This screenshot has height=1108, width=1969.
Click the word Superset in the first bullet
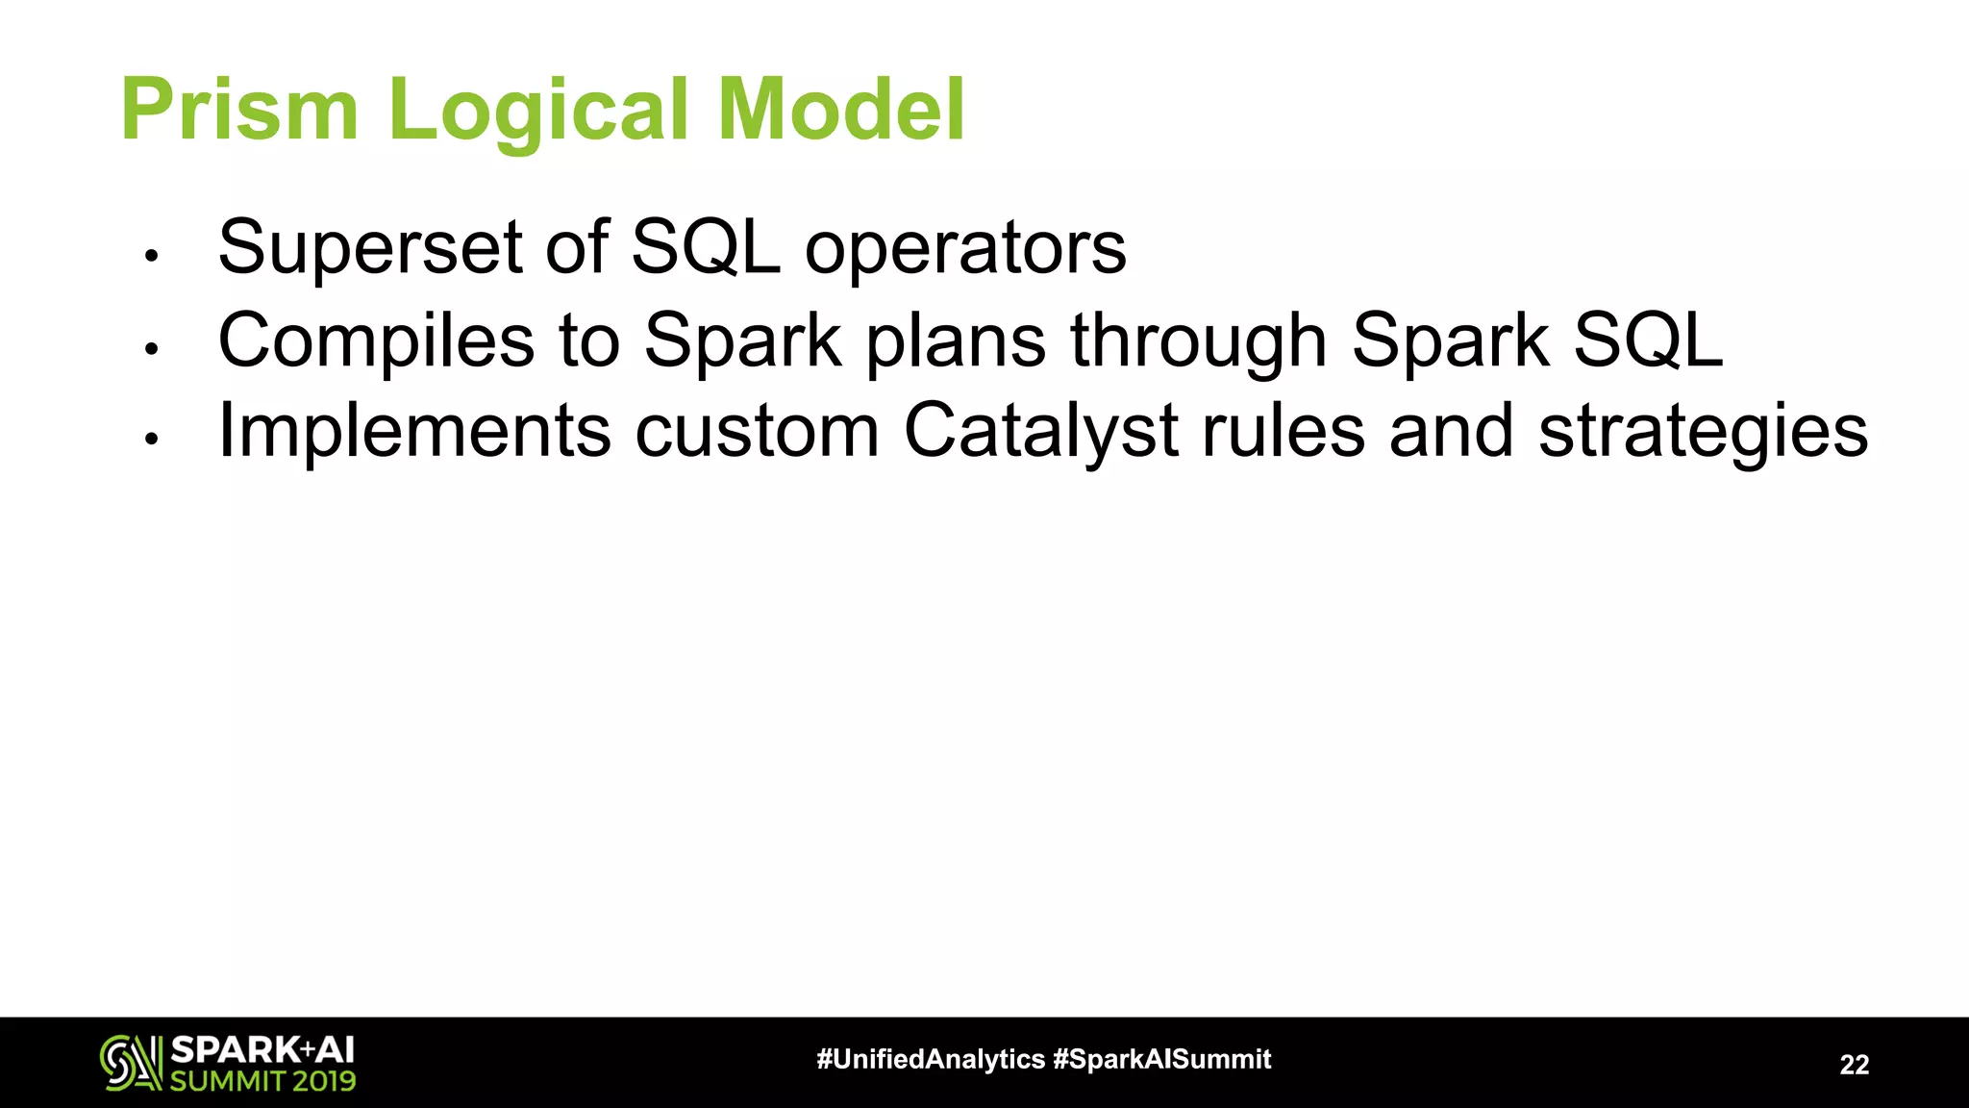[370, 247]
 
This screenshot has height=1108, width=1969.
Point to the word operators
[965, 249]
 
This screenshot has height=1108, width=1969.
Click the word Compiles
[376, 340]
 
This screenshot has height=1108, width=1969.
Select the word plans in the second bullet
[955, 340]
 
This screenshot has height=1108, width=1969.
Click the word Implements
[414, 431]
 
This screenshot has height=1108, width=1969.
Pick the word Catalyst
[1040, 431]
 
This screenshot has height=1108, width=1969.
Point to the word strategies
[1703, 431]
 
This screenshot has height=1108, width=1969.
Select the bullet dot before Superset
[150, 256]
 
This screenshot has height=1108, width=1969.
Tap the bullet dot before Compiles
[150, 348]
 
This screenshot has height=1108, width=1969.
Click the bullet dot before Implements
[150, 440]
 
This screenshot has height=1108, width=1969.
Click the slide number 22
[1854, 1064]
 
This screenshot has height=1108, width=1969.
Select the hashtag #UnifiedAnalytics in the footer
[930, 1059]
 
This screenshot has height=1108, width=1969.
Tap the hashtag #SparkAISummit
[1162, 1059]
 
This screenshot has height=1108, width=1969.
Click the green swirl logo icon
[131, 1063]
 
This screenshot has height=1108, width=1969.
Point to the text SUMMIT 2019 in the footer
[262, 1080]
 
